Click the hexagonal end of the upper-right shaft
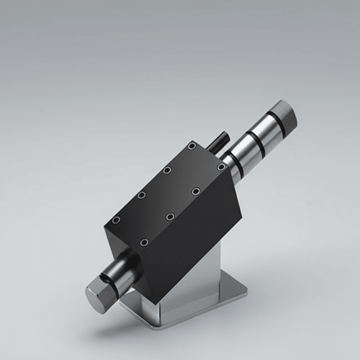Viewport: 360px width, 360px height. coord(284,116)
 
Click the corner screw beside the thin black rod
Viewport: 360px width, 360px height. coord(192,146)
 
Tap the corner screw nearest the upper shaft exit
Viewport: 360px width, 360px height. coord(221,167)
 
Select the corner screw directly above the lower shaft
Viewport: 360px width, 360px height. coord(144,242)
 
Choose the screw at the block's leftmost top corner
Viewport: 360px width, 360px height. coord(116,220)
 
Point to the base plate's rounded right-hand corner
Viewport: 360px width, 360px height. coord(244,289)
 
